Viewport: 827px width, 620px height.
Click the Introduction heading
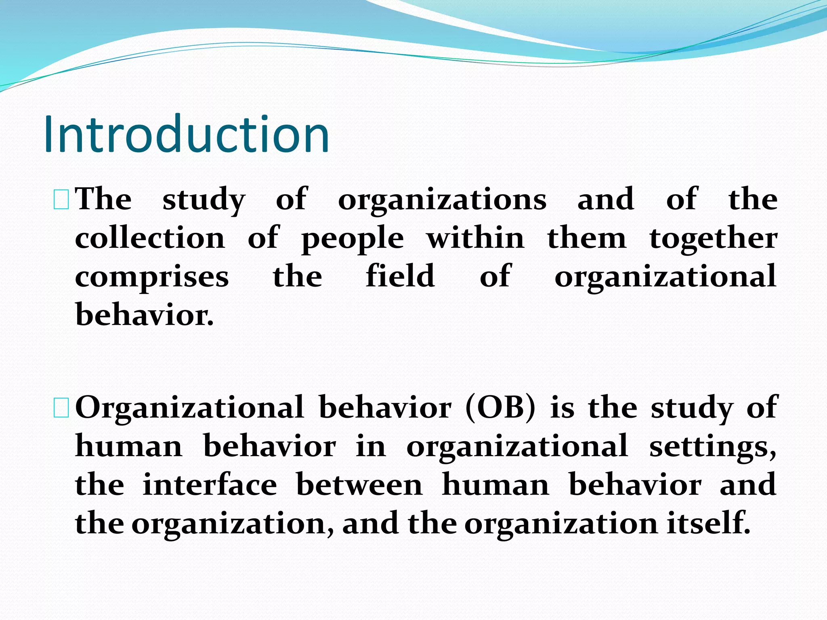pos(187,134)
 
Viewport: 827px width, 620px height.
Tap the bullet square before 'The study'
pos(61,201)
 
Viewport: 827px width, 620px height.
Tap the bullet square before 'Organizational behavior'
pos(61,408)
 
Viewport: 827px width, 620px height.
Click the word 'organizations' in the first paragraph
pos(442,200)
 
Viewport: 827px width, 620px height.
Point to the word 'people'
pos(353,239)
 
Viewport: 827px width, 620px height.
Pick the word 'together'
pos(713,239)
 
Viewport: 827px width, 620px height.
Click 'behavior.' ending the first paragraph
pos(144,315)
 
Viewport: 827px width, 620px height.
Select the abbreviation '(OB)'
pos(500,408)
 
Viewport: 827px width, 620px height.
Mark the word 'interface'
pos(210,484)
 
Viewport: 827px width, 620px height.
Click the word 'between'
pos(359,484)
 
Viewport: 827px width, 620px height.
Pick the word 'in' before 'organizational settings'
pos(371,446)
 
